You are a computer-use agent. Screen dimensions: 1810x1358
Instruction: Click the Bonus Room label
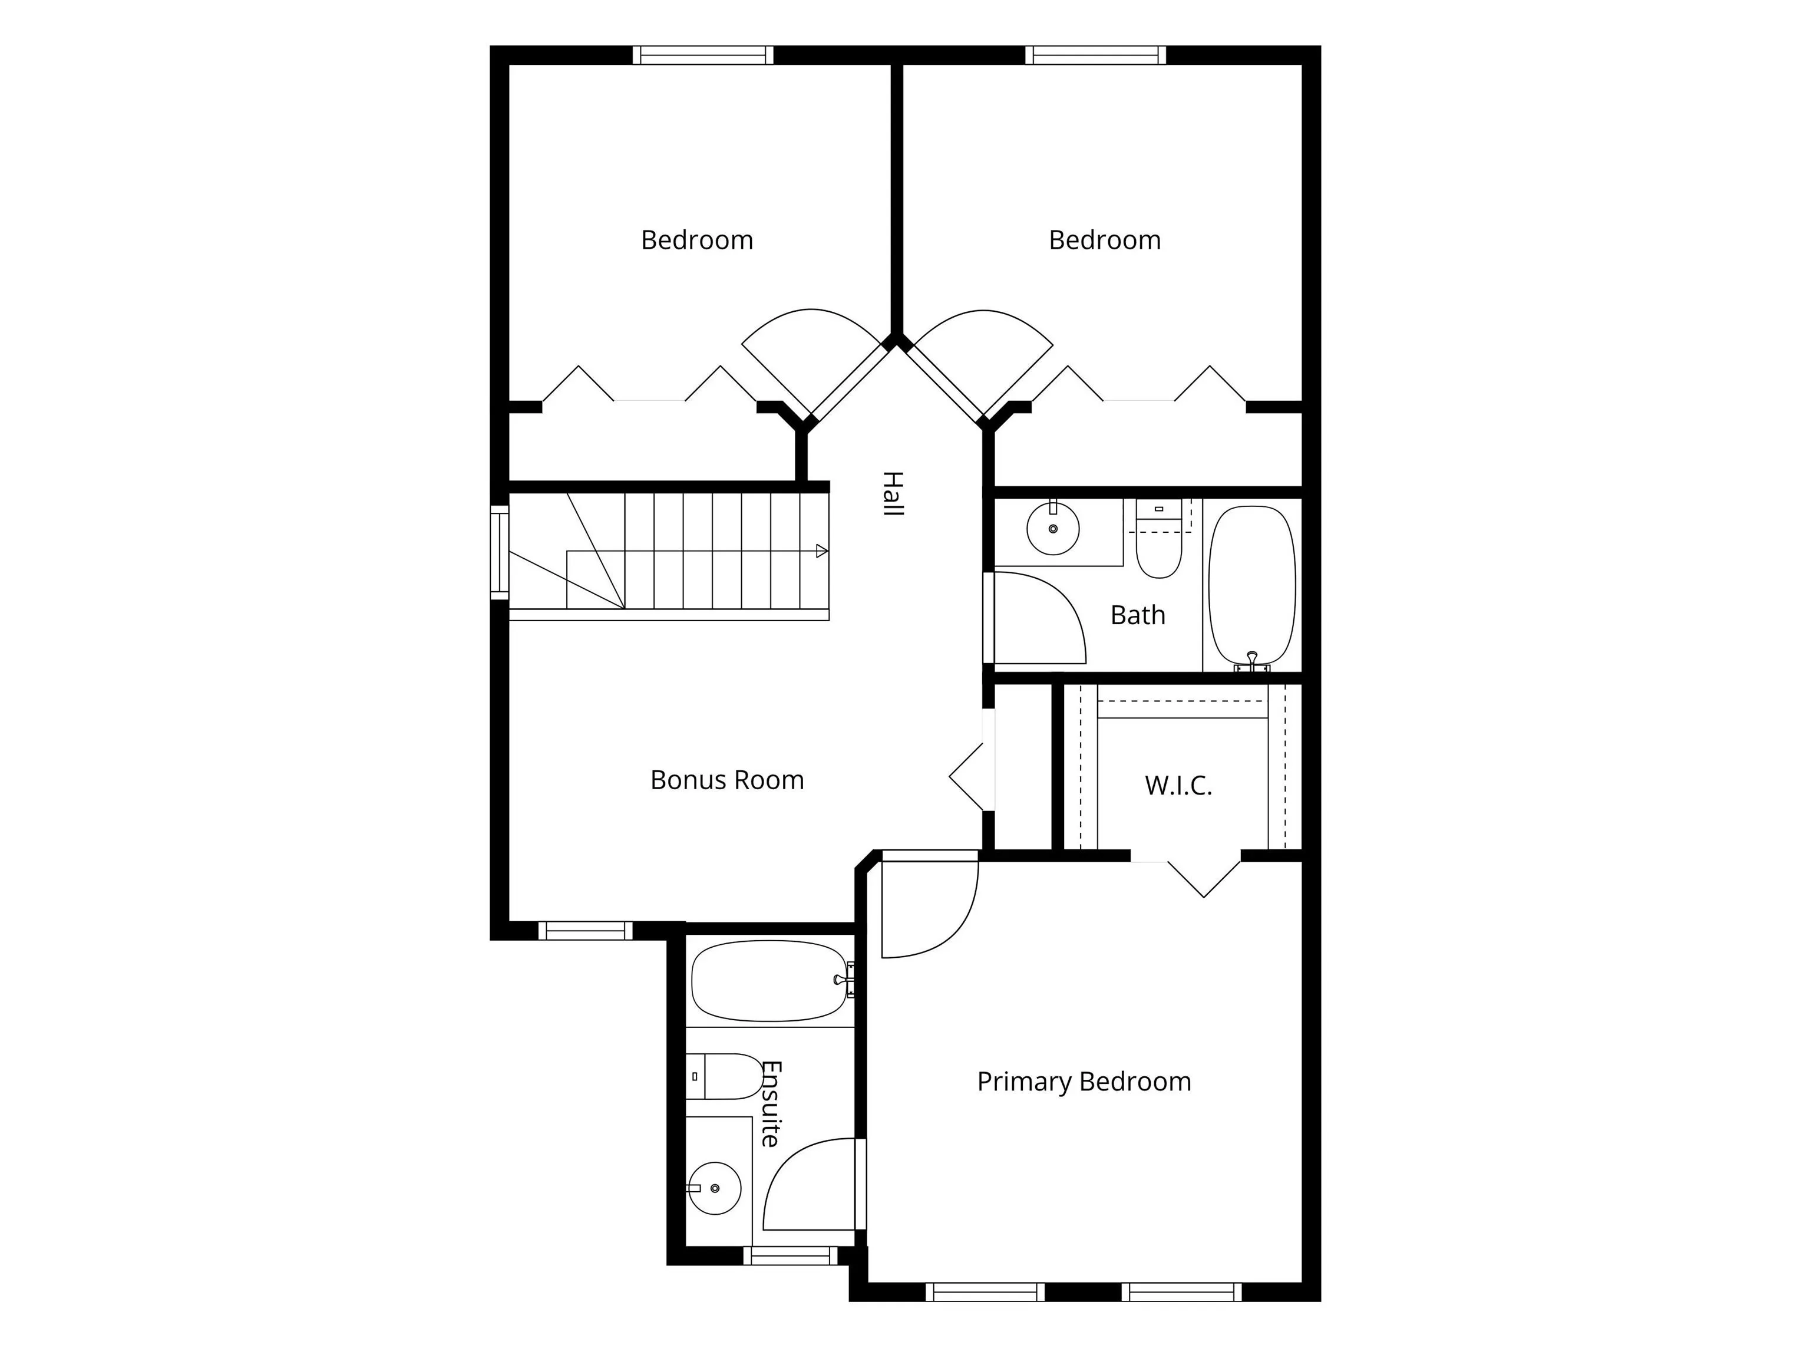[x=726, y=780]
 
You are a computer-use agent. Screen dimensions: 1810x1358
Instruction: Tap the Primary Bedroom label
[x=1084, y=1082]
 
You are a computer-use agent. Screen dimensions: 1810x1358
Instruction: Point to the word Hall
[x=892, y=493]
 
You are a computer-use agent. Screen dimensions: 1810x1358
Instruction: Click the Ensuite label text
[x=771, y=1103]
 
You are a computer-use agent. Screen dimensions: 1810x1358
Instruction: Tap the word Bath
[x=1137, y=615]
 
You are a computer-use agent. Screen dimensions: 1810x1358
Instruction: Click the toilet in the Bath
[x=1159, y=538]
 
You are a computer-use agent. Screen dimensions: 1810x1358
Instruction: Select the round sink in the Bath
[x=1053, y=528]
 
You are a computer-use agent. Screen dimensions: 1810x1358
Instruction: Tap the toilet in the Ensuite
[x=726, y=1076]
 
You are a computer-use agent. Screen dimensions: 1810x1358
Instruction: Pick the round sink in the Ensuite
[x=714, y=1188]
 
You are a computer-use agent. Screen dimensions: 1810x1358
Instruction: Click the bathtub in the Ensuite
[x=771, y=981]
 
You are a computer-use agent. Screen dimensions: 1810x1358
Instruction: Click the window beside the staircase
[x=499, y=552]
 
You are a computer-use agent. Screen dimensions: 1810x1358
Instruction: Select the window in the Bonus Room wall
[x=585, y=931]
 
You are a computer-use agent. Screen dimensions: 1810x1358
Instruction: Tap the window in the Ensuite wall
[x=791, y=1255]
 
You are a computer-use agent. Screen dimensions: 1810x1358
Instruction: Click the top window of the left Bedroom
[x=703, y=55]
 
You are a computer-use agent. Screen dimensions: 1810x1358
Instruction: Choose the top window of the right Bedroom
[x=1096, y=55]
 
